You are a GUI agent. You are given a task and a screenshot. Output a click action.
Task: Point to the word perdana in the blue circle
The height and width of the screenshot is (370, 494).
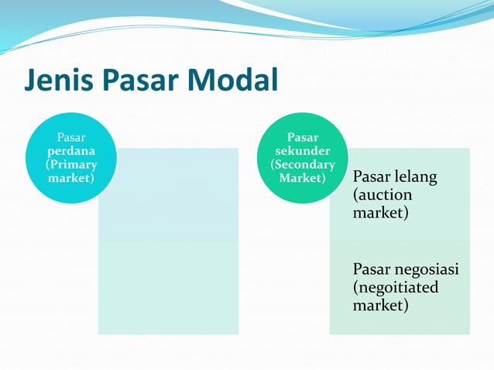pyautogui.click(x=71, y=152)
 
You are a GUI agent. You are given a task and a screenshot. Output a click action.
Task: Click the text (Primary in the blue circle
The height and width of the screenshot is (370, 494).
pyautogui.click(x=71, y=165)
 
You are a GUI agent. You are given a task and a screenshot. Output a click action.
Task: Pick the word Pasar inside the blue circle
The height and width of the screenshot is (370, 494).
pyautogui.click(x=71, y=139)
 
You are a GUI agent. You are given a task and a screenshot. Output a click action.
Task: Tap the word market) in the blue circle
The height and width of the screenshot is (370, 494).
pyautogui.click(x=71, y=178)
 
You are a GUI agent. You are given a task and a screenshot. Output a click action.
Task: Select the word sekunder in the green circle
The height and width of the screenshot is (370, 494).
pyautogui.click(x=303, y=151)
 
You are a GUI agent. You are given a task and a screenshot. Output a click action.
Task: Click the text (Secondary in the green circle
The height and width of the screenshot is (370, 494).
pyautogui.click(x=303, y=164)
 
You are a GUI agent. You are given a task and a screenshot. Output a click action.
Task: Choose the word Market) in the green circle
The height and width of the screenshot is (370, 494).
pyautogui.click(x=303, y=178)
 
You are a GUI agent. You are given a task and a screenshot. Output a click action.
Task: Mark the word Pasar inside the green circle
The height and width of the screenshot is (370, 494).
pyautogui.click(x=303, y=138)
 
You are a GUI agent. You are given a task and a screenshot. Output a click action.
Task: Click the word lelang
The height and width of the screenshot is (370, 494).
pyautogui.click(x=414, y=177)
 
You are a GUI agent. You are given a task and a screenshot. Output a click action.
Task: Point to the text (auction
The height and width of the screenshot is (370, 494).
pyautogui.click(x=383, y=195)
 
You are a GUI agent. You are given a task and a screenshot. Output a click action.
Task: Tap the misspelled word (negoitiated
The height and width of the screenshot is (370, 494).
pyautogui.click(x=395, y=287)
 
